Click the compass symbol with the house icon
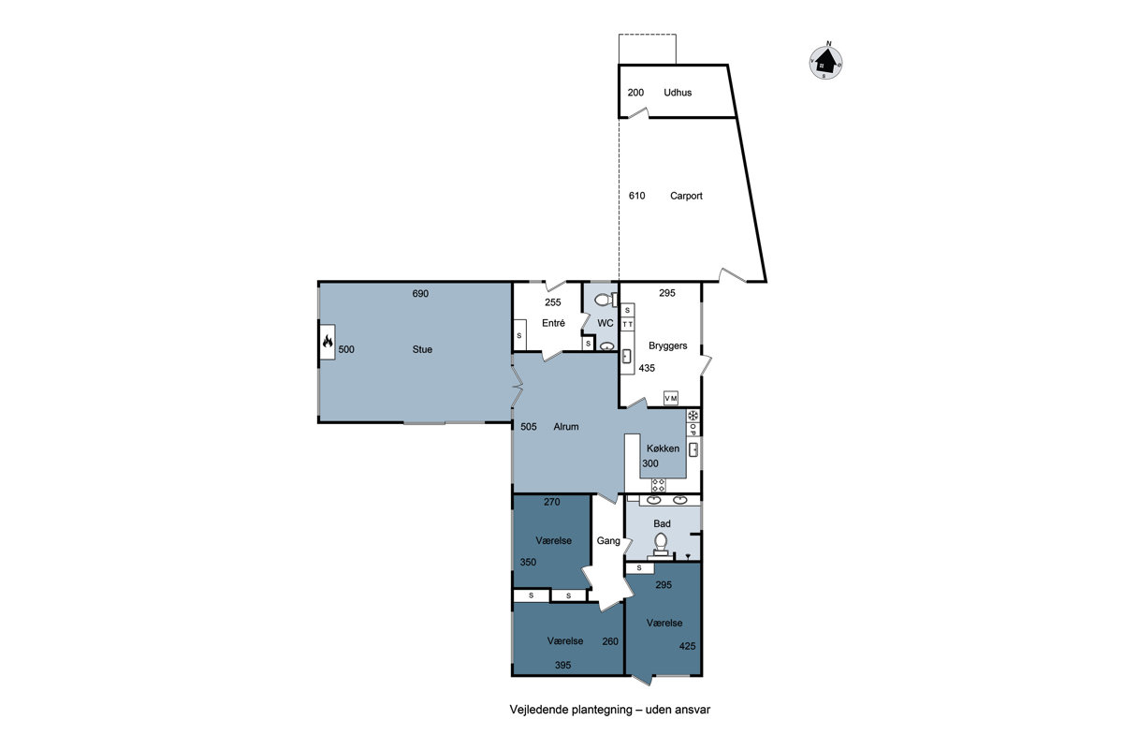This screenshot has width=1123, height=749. pyautogui.click(x=825, y=62)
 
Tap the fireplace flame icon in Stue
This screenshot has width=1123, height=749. pyautogui.click(x=328, y=342)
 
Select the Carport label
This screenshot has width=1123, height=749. pyautogui.click(x=686, y=196)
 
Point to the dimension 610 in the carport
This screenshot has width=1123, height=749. pyautogui.click(x=636, y=196)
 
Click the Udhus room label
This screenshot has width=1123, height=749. pyautogui.click(x=678, y=93)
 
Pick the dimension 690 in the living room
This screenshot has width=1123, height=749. pyautogui.click(x=420, y=293)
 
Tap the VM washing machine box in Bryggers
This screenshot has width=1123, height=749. pyautogui.click(x=671, y=398)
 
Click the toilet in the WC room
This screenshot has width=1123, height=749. pyautogui.click(x=606, y=300)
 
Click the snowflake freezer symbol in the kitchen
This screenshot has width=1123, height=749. pyautogui.click(x=693, y=416)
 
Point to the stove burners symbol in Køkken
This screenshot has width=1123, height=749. pyautogui.click(x=658, y=485)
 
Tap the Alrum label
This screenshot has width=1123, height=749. pyautogui.click(x=566, y=426)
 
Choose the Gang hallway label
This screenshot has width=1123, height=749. pyautogui.click(x=608, y=541)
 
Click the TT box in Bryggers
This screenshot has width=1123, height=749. pyautogui.click(x=628, y=324)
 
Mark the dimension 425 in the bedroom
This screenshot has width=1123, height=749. pyautogui.click(x=687, y=646)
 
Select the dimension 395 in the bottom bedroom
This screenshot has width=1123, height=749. pyautogui.click(x=562, y=666)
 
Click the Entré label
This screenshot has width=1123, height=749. pyautogui.click(x=553, y=323)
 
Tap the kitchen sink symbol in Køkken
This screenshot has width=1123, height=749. pyautogui.click(x=693, y=449)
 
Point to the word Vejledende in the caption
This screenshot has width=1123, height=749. pyautogui.click(x=539, y=710)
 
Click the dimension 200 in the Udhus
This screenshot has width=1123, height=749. pyautogui.click(x=635, y=93)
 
